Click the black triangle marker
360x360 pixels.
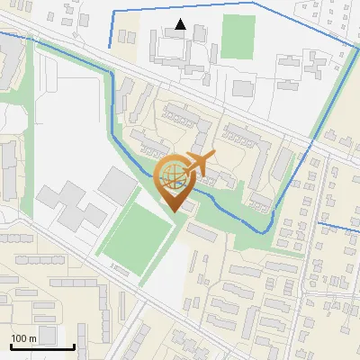click(x=181, y=24)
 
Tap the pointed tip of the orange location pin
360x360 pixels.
click(x=173, y=211)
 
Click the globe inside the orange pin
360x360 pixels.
click(x=172, y=178)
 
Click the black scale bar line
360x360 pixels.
click(x=42, y=346)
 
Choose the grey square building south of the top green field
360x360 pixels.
click(x=243, y=87)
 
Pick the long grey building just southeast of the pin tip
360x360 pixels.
click(x=202, y=232)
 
